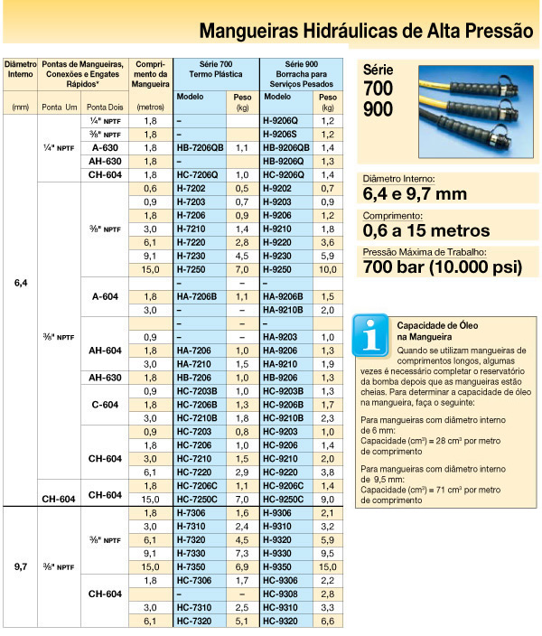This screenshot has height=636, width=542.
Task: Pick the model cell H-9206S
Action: [x=279, y=134]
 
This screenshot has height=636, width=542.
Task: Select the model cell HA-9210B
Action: [x=283, y=310]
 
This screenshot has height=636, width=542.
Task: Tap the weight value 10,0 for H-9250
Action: [x=328, y=270]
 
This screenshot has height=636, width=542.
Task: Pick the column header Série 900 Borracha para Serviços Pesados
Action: [x=299, y=78]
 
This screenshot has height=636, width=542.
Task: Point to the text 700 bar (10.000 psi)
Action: [x=442, y=267]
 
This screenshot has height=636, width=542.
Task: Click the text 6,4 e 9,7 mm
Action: [x=415, y=192]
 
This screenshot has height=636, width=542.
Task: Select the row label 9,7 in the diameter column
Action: [x=21, y=566]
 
